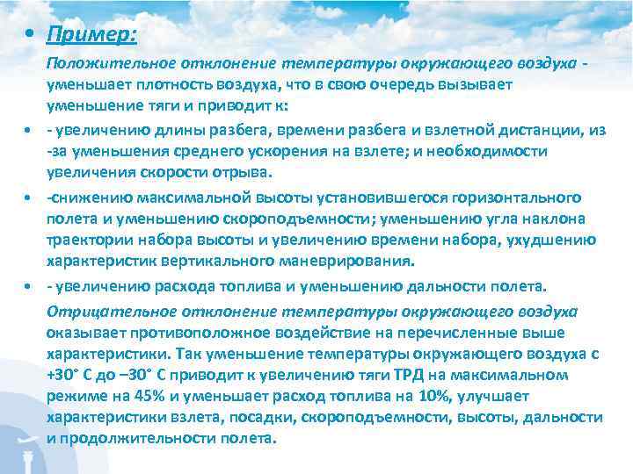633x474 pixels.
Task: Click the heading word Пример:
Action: pos(92,34)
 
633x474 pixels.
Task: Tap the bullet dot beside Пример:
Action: pos(31,36)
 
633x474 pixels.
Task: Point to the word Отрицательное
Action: pos(104,311)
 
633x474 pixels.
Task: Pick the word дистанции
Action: pos(542,130)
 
